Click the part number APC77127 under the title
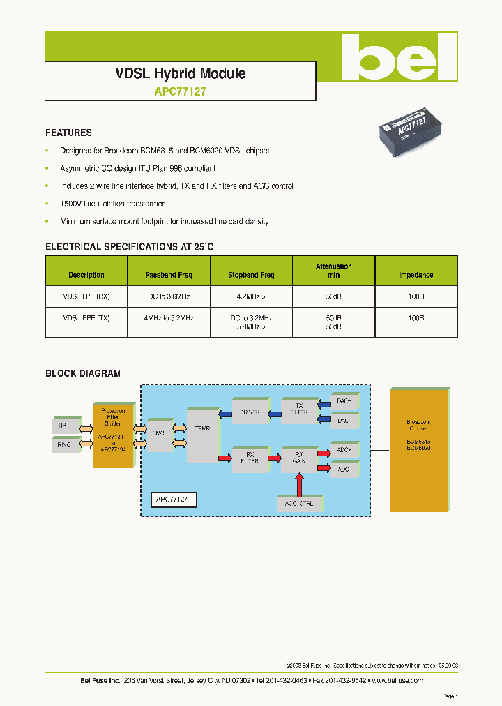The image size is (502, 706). (179, 91)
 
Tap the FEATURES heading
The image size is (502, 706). (68, 133)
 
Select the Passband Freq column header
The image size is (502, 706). (168, 275)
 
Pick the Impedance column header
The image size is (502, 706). (416, 275)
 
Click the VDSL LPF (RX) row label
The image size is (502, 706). (86, 296)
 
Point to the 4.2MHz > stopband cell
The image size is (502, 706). (251, 296)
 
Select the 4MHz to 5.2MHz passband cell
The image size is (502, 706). (168, 317)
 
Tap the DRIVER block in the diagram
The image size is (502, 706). (249, 412)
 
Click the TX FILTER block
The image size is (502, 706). (299, 410)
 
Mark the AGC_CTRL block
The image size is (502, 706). (299, 502)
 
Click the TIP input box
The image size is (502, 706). (63, 425)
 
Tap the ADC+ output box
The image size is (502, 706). (344, 451)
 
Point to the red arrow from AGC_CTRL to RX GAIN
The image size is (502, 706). (299, 483)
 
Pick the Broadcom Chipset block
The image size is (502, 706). (419, 451)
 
